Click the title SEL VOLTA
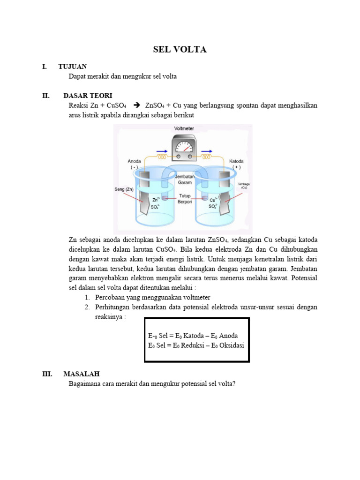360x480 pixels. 180,50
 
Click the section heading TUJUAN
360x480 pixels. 72,67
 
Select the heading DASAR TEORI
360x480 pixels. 88,96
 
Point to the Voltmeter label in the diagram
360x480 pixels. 184,128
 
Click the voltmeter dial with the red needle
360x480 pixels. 184,148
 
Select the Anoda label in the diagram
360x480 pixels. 134,161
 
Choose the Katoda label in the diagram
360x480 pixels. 236,161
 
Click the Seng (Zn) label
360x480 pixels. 124,189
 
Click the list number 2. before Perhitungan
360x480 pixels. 87,307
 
